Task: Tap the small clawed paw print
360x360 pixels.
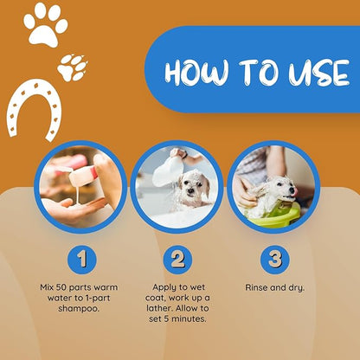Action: pyautogui.click(x=72, y=67)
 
